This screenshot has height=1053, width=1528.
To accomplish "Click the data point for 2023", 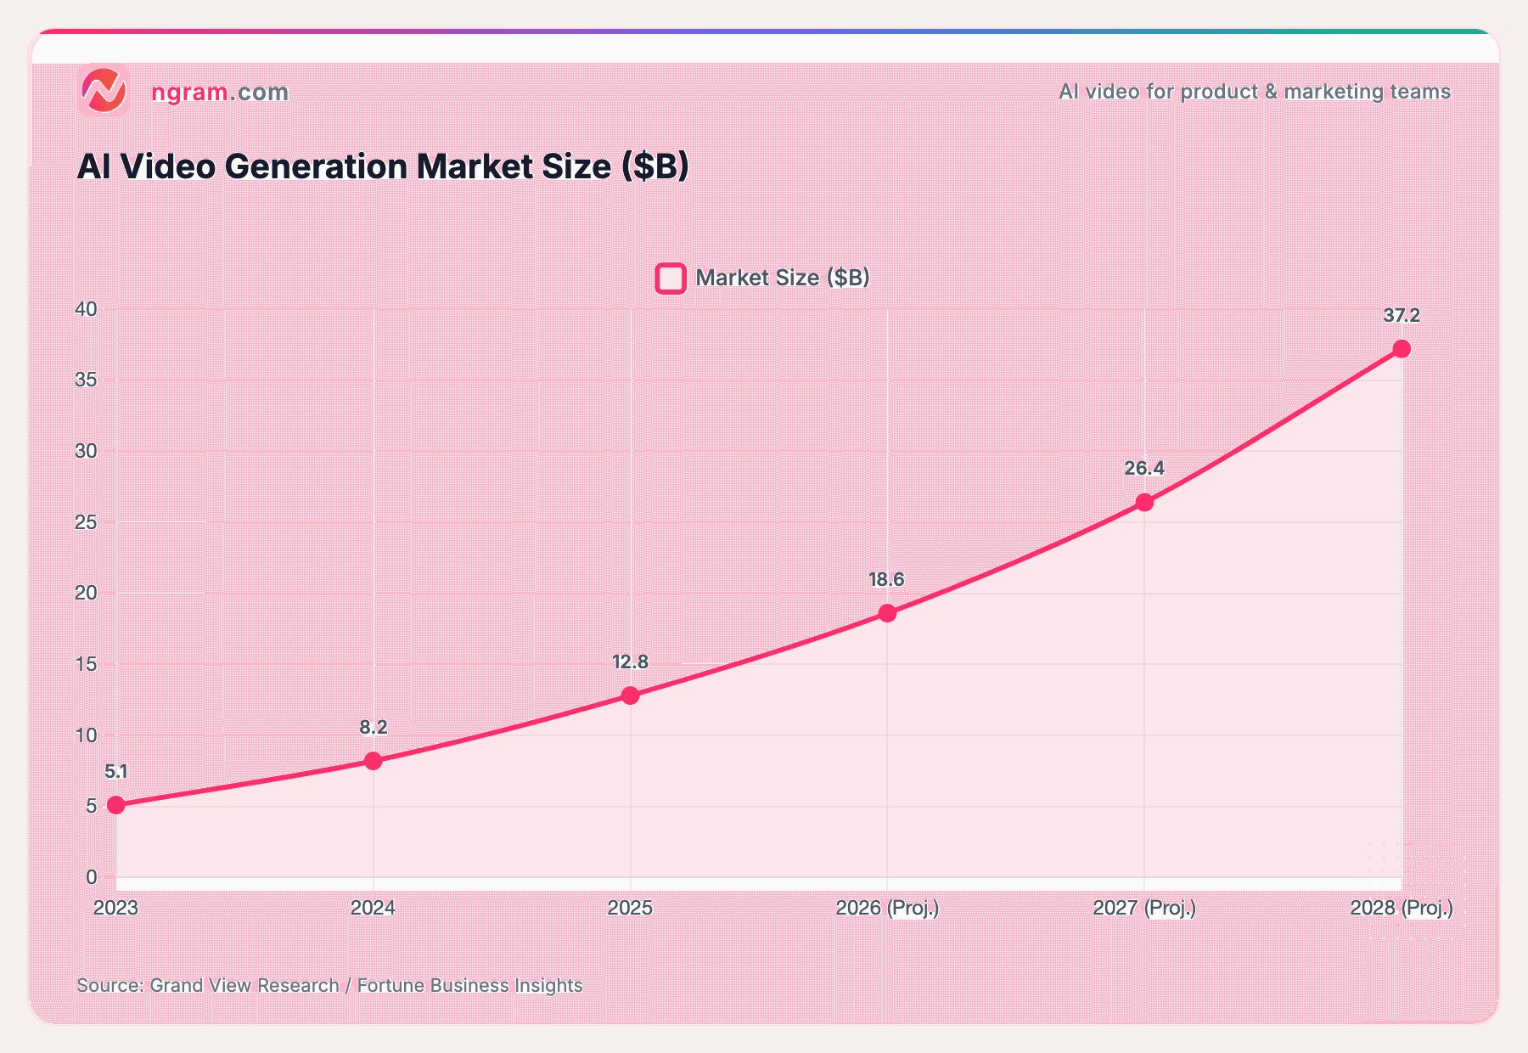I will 116,805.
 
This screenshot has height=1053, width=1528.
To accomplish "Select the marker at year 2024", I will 374,761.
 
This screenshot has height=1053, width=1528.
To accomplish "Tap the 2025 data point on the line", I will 630,695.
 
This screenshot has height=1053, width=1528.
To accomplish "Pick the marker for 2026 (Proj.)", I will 887,613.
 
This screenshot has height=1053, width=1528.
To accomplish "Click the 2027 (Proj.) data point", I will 1144,502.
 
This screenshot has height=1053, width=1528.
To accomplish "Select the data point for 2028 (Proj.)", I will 1402,349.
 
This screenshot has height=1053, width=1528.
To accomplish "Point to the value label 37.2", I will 1402,316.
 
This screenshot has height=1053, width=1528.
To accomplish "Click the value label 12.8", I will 630,662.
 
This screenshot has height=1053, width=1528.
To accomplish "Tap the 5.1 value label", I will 116,772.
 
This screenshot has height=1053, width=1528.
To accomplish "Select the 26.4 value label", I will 1144,469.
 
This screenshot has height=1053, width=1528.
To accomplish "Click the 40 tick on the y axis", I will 86,309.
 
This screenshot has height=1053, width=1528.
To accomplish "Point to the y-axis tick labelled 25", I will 86,522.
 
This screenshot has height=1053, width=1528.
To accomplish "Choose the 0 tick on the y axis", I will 92,877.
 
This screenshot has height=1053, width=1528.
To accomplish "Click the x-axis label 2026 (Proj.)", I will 887,908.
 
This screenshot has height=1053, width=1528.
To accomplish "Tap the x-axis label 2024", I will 374,908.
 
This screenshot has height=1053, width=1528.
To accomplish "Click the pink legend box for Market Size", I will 671,279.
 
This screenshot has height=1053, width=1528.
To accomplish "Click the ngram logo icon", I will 103,90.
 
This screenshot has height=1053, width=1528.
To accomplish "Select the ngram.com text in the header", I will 220,92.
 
